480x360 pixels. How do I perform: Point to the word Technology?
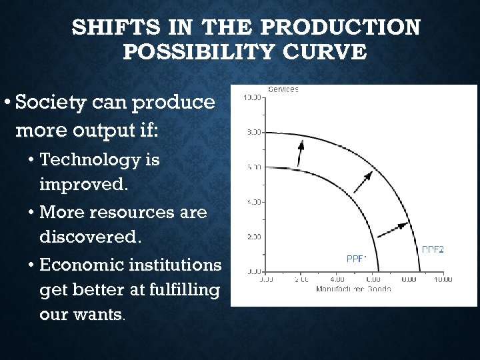100,161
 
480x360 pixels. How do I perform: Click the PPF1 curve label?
357,257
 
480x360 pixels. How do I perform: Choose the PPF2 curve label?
433,249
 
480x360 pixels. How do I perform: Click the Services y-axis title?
283,89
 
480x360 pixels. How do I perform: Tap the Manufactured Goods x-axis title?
353,289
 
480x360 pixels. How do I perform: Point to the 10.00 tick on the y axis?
252,98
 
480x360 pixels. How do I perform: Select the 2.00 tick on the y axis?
254,237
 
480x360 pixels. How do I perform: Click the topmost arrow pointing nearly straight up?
300,153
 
